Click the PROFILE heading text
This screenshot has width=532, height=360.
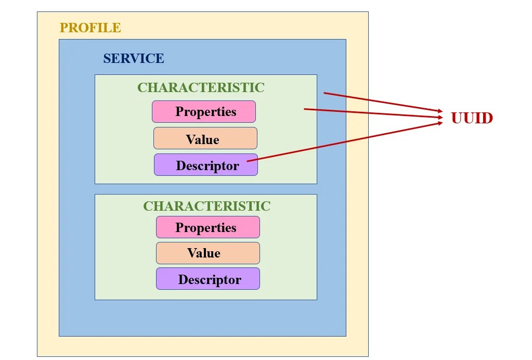coord(90,28)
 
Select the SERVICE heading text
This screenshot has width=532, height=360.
coord(134,58)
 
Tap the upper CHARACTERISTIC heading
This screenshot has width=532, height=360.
coord(201,87)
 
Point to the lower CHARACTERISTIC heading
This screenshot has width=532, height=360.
coord(206,206)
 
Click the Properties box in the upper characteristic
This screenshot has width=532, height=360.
coord(203,112)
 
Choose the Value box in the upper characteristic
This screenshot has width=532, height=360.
coord(205,138)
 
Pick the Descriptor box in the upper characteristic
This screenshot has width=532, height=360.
coord(206,165)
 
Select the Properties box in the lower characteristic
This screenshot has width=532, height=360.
coord(208,227)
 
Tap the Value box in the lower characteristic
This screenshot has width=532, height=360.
coord(208,253)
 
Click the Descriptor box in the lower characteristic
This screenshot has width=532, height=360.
coord(208,278)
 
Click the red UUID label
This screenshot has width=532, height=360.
coord(472,118)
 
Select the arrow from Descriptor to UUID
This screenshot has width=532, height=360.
coord(345,142)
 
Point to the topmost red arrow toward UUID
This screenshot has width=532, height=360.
coord(383,102)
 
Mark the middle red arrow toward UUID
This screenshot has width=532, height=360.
coord(373,113)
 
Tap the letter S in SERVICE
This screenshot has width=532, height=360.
coord(107,58)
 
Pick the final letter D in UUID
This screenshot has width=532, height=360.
coord(487,118)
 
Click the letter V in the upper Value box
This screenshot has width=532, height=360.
coord(190,139)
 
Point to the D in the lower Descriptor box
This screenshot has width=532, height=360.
coord(183,279)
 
